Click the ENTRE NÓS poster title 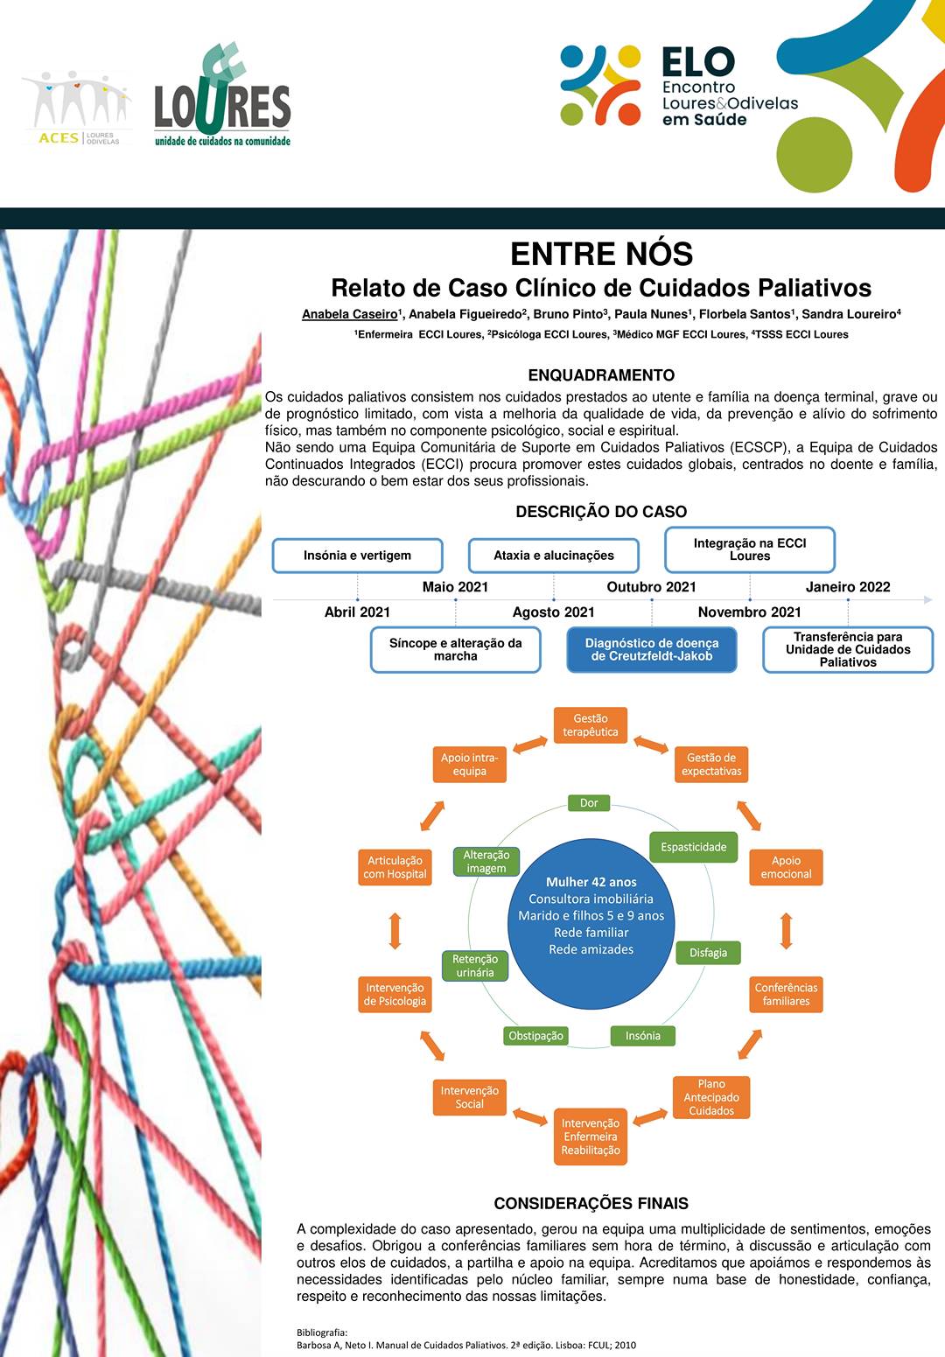pos(601,254)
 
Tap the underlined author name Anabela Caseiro pos(349,314)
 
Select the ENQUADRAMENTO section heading pos(601,375)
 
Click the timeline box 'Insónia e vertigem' pos(357,556)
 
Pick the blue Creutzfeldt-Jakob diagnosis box pos(652,649)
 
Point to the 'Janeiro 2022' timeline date pos(848,586)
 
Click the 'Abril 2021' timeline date pos(357,612)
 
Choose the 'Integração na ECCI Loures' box pos(750,549)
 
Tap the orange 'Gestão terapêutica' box pos(591,725)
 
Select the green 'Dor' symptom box pos(589,802)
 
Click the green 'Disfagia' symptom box pos(708,953)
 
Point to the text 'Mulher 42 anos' pos(591,882)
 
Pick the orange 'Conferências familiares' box pos(787,994)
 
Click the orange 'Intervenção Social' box pos(470,1097)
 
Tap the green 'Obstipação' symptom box pos(536,1036)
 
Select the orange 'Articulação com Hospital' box pos(395,867)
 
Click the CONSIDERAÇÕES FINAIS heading pos(591,1204)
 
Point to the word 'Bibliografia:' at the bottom pos(322,1333)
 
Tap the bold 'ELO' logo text pos(698,62)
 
